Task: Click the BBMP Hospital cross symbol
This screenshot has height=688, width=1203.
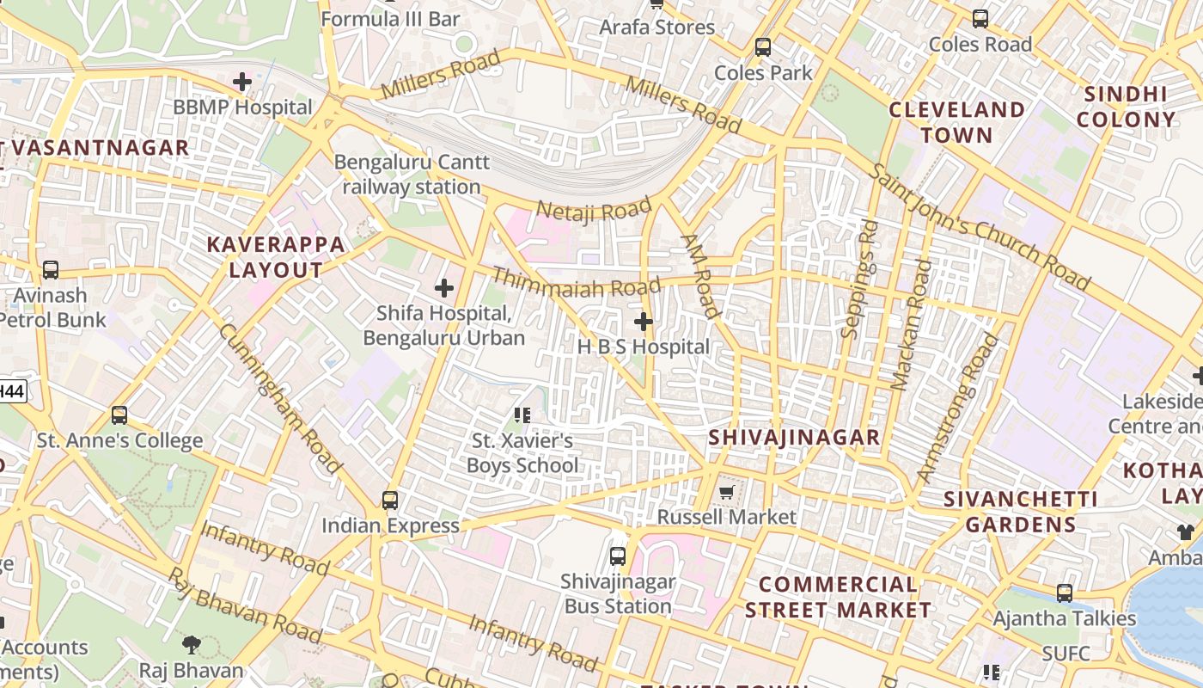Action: [x=242, y=82]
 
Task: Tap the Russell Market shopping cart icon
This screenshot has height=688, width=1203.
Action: [x=727, y=492]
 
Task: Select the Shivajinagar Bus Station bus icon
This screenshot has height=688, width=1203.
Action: [x=618, y=556]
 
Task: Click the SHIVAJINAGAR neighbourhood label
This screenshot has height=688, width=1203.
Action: [x=794, y=438]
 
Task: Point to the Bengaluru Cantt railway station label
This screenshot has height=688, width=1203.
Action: [x=412, y=175]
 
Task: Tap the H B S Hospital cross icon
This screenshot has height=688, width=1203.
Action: [x=643, y=322]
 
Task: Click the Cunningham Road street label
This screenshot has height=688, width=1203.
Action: [x=280, y=399]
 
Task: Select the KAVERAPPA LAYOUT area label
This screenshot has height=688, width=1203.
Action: [x=276, y=257]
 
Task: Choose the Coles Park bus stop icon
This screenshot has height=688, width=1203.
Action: [x=763, y=47]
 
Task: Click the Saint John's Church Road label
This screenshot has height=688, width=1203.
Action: [x=979, y=226]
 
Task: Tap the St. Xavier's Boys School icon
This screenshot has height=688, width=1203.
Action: [x=522, y=415]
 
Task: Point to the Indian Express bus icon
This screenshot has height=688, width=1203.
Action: [x=390, y=500]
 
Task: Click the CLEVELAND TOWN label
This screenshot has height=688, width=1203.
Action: [x=957, y=122]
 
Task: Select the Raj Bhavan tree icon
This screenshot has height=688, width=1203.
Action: [x=192, y=644]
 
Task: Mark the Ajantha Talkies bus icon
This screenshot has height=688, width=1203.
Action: [x=1065, y=593]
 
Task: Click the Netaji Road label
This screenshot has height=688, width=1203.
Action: [x=594, y=209]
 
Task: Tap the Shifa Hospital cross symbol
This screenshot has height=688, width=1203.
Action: [x=444, y=288]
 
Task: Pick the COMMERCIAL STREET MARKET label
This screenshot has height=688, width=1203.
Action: [x=838, y=597]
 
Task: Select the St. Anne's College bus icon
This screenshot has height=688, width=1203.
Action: [x=119, y=415]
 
